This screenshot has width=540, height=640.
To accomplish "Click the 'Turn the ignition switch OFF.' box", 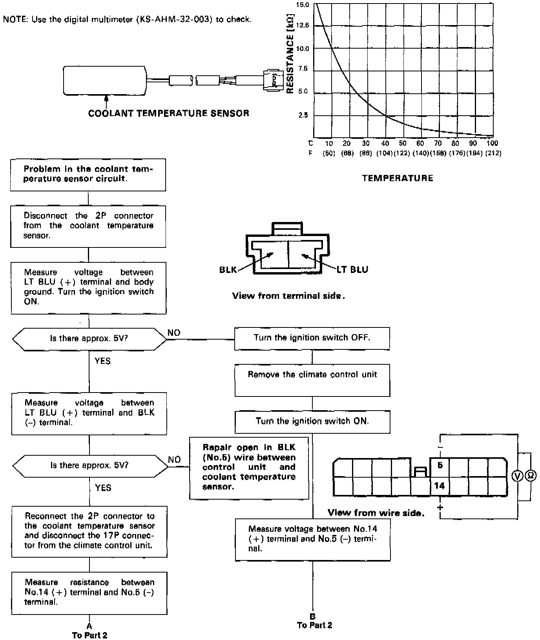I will [x=312, y=338].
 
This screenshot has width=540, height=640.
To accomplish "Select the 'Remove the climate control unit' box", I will [x=312, y=380].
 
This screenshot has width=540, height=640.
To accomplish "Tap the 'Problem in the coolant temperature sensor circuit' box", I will [x=88, y=175].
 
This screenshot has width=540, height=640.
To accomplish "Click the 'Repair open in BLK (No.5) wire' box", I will [x=249, y=467].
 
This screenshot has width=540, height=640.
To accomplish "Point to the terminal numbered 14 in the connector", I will [x=440, y=486].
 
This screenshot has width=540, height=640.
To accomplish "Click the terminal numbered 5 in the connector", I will [x=440, y=465].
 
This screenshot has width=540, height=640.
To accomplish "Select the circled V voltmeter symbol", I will [x=518, y=476].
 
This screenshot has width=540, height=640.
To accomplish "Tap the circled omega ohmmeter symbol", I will [x=530, y=476].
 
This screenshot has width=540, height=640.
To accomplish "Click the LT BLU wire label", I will [x=352, y=269].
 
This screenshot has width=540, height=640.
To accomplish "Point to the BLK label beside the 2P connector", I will [x=228, y=270].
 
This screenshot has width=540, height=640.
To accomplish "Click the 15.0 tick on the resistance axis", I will [x=303, y=5].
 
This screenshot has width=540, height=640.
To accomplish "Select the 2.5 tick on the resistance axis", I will [x=303, y=116].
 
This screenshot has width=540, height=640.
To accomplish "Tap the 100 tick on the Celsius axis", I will [x=492, y=144].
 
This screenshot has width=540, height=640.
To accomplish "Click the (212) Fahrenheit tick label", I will [x=493, y=153].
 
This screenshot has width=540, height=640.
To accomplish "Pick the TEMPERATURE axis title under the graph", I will [x=397, y=178].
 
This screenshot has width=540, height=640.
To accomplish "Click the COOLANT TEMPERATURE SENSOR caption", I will [x=169, y=114].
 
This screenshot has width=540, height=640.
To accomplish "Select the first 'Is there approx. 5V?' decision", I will [x=89, y=338].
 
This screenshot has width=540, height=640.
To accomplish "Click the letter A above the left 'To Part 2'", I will [x=89, y=626].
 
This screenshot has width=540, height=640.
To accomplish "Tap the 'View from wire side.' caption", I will [x=376, y=513].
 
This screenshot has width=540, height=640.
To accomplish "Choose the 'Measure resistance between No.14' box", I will [x=89, y=592].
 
